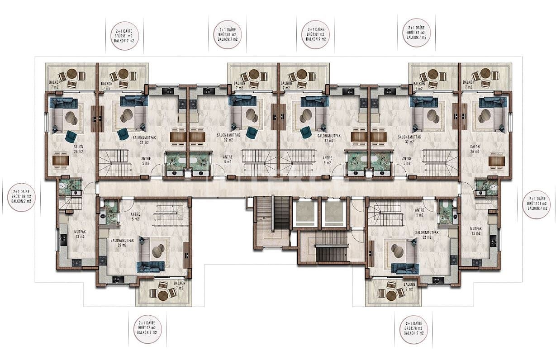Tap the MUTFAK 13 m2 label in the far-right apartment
pyautogui.click(x=476, y=231)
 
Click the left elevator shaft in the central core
pyautogui.click(x=305, y=213)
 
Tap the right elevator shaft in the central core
pyautogui.click(x=333, y=213)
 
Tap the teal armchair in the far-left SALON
pyautogui.click(x=71, y=136)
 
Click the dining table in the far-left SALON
pyautogui.click(x=60, y=160)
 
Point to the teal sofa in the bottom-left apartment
pyautogui.click(x=151, y=267)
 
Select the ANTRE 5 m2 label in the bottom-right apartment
pyautogui.click(x=419, y=213)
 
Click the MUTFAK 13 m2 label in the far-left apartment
pyautogui.click(x=80, y=234)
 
